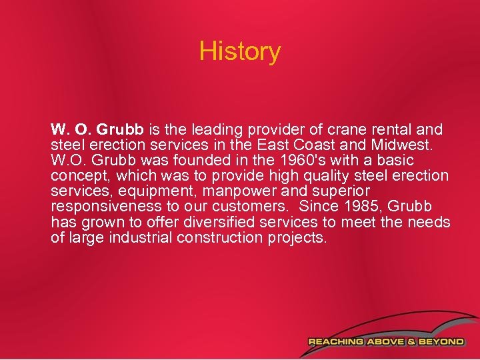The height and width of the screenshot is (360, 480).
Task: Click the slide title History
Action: [240, 51]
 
